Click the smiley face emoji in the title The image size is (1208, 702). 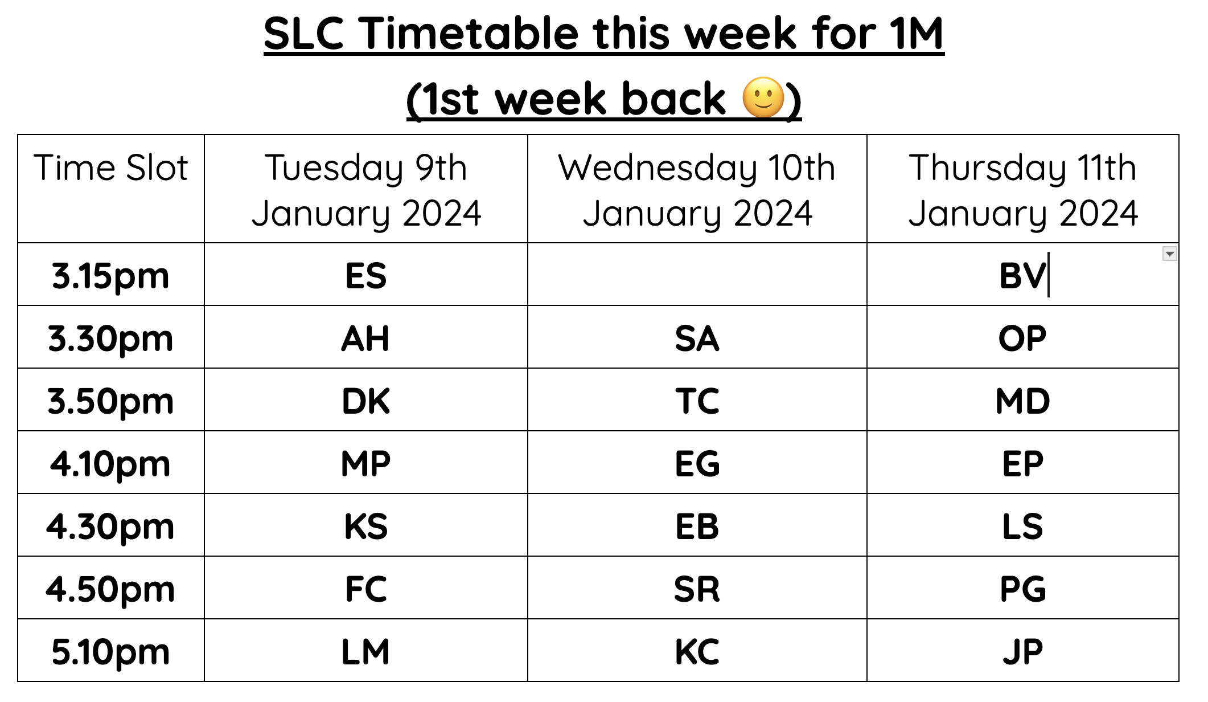pyautogui.click(x=763, y=97)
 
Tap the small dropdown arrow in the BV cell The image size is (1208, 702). pyautogui.click(x=1169, y=254)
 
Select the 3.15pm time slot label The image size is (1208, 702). pyautogui.click(x=111, y=276)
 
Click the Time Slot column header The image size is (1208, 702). pyautogui.click(x=111, y=168)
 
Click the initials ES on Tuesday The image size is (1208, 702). pyautogui.click(x=366, y=276)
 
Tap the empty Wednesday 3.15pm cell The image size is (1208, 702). pyautogui.click(x=697, y=275)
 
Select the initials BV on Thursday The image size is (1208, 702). pyautogui.click(x=1022, y=276)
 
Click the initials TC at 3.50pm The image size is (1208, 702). pyautogui.click(x=697, y=401)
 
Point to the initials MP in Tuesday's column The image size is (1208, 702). pyautogui.click(x=366, y=464)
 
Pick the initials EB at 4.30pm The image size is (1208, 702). pyautogui.click(x=697, y=526)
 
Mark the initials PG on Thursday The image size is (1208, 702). pyautogui.click(x=1022, y=589)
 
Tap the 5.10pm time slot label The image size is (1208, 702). pyautogui.click(x=111, y=652)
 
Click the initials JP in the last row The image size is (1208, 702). pyautogui.click(x=1022, y=652)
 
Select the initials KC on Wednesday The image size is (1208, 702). pyautogui.click(x=697, y=652)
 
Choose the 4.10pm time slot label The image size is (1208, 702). pyautogui.click(x=111, y=464)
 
